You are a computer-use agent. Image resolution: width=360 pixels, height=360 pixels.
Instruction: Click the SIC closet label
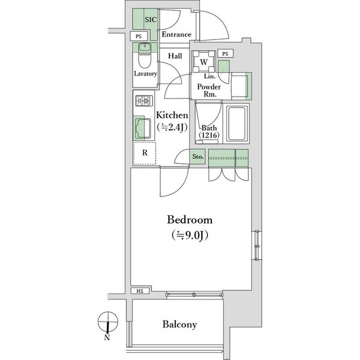pos(151,20)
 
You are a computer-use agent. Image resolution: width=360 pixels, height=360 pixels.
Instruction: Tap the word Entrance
pos(176,34)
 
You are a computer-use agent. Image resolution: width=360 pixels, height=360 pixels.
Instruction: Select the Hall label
pos(175,56)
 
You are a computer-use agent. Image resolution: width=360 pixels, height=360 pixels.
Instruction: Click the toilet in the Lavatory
pos(145,56)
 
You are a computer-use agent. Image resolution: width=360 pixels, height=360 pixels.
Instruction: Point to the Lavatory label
pos(145,74)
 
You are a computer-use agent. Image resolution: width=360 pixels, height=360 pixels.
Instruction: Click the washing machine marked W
pos(203,62)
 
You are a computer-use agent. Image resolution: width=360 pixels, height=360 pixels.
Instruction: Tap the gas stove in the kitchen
pos(144,101)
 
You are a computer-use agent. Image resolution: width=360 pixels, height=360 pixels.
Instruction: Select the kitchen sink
pos(143,128)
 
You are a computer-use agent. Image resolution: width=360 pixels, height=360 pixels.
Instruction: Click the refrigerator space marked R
pos(145,153)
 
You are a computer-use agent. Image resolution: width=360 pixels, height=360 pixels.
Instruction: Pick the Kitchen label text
pos(172,115)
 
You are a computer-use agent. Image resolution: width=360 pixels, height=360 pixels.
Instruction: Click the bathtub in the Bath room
pos(238,124)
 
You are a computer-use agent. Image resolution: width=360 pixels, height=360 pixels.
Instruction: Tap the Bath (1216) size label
pos(209,131)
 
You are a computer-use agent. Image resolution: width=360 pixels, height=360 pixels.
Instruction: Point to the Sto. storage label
pos(198,157)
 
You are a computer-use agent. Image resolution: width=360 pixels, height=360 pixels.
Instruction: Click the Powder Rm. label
pos(209,90)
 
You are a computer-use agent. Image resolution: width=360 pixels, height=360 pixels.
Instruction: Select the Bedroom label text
pos(190,220)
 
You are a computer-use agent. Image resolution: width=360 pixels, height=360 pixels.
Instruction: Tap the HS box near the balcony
pos(140,291)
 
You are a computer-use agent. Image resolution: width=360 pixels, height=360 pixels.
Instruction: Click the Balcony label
pos(179,325)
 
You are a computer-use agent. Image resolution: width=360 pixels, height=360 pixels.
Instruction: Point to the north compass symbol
pos(107,322)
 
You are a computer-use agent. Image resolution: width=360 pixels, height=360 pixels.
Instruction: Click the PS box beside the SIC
pos(139,37)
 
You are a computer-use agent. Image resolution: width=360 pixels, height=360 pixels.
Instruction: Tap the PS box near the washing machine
pos(226,54)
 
